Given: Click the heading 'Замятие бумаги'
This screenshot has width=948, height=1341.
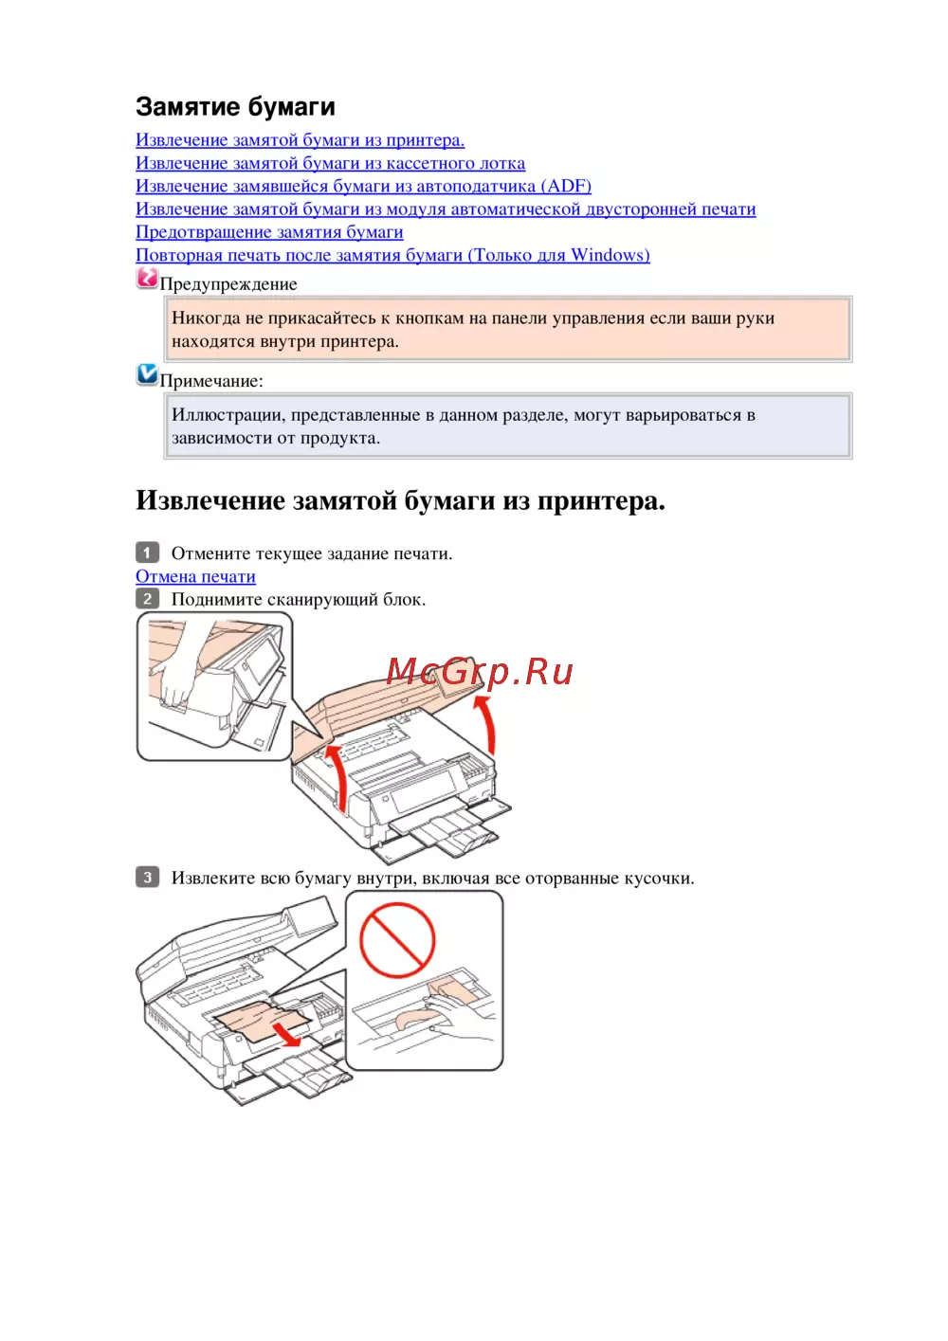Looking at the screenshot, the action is tap(235, 106).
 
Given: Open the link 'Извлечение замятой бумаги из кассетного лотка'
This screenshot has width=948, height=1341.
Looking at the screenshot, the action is tap(330, 163).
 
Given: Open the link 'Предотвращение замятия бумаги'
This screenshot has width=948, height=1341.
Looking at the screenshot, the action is tap(269, 231).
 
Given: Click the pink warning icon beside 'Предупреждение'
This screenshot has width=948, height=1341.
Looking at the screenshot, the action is tap(147, 278).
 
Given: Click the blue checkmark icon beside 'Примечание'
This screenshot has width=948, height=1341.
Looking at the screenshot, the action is tap(147, 374).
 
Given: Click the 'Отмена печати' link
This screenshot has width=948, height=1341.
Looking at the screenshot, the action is tap(195, 576).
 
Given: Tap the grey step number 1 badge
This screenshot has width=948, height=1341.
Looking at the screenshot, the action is tap(147, 553).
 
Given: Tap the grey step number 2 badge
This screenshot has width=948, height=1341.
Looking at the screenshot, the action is tap(147, 599).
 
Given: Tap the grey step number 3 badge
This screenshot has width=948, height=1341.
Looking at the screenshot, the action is tap(147, 878).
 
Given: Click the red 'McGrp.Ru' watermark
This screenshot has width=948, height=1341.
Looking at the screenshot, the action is tap(479, 672).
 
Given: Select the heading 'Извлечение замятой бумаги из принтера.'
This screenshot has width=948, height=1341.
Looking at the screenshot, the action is tap(400, 500).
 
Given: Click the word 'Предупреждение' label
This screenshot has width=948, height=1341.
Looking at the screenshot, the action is tap(228, 284).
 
